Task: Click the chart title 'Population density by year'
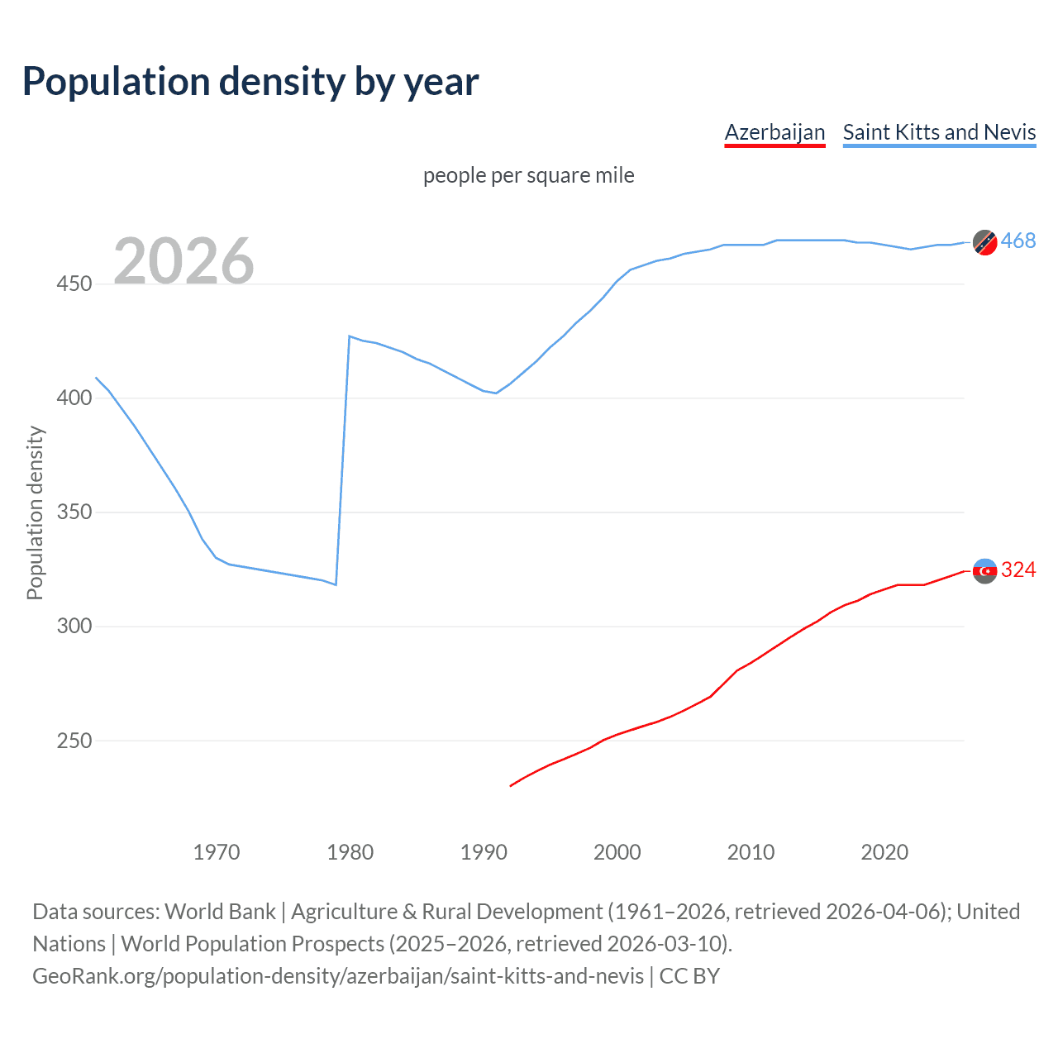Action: [x=250, y=81]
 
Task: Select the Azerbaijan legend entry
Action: [x=774, y=132]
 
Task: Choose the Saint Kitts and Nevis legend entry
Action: [x=939, y=132]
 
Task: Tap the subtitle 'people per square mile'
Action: [x=528, y=175]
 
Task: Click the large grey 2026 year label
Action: [x=183, y=261]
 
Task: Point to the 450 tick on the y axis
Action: [x=74, y=284]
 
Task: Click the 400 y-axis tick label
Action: [x=74, y=398]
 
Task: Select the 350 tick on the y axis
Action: [x=74, y=512]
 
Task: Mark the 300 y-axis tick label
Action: [x=74, y=627]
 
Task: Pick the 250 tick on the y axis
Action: [x=74, y=741]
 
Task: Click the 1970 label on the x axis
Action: [x=217, y=851]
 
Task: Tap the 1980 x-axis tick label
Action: [x=350, y=851]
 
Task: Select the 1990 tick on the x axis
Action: [x=484, y=851]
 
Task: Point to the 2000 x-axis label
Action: [x=617, y=851]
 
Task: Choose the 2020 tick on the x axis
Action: [x=884, y=851]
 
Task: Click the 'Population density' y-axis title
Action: [x=35, y=512]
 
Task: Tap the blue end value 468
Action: [x=1017, y=241]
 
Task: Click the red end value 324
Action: [x=1017, y=570]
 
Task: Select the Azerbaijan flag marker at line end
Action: [x=984, y=570]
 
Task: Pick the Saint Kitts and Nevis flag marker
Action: [x=984, y=242]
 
